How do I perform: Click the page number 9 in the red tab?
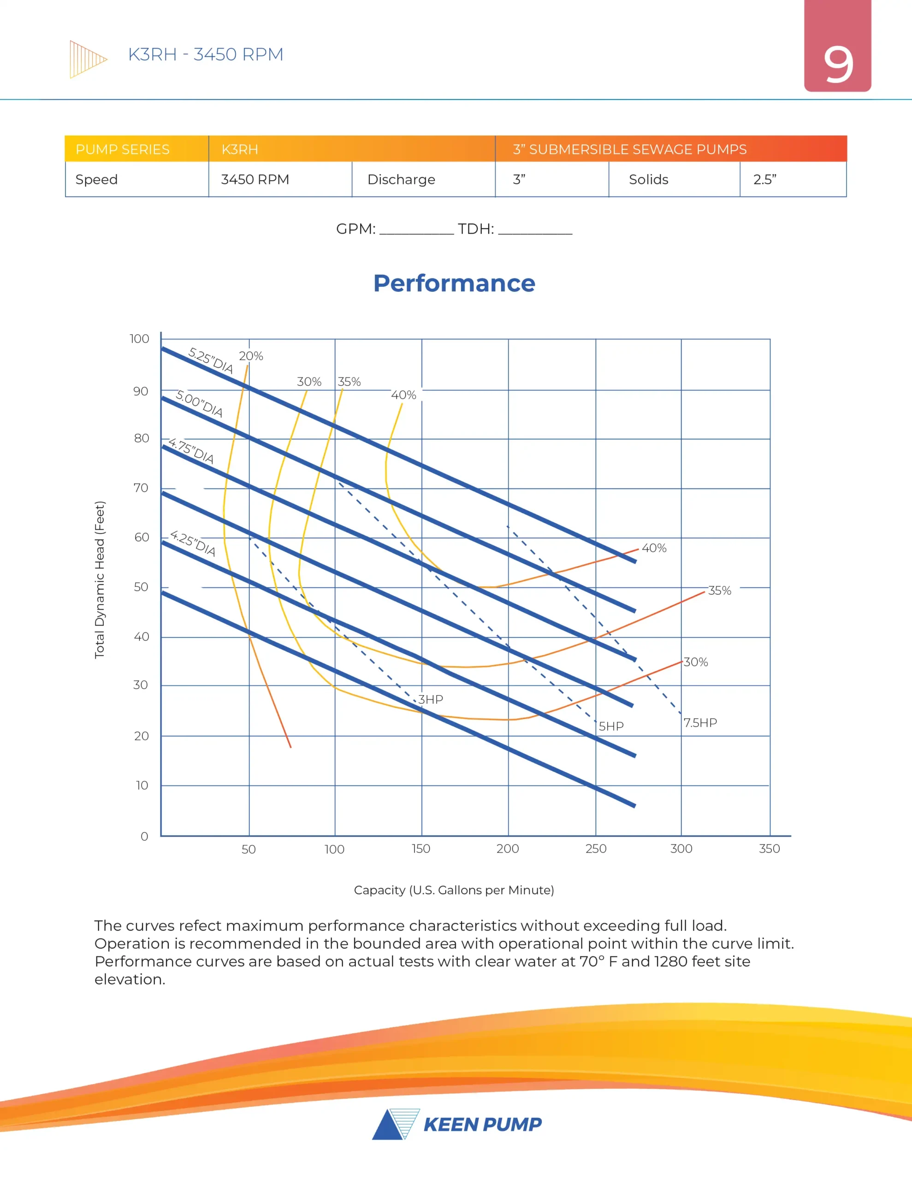(x=837, y=65)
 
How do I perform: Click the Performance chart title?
(x=454, y=283)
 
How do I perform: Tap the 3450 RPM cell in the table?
(x=255, y=179)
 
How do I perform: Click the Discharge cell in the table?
(x=401, y=179)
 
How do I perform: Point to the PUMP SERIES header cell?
(x=123, y=149)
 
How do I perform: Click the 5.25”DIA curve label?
(x=210, y=360)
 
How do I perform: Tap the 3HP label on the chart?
(x=431, y=699)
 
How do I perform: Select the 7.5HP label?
(x=700, y=722)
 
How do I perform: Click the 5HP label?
(x=611, y=726)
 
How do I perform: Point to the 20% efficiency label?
(x=251, y=356)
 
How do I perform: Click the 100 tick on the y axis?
(x=140, y=339)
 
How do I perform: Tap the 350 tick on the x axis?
(x=769, y=848)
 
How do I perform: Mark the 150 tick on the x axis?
(x=421, y=848)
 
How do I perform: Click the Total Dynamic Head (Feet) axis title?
(x=100, y=580)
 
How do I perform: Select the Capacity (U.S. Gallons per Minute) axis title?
(x=454, y=890)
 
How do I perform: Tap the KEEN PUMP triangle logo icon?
(x=396, y=1124)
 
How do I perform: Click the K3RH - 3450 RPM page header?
(x=206, y=54)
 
